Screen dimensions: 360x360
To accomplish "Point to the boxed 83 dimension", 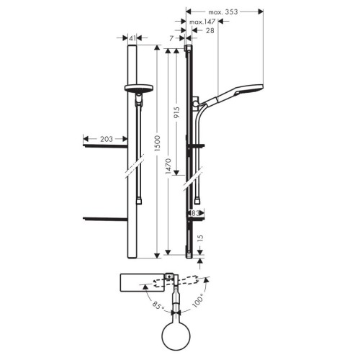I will [196, 213].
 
